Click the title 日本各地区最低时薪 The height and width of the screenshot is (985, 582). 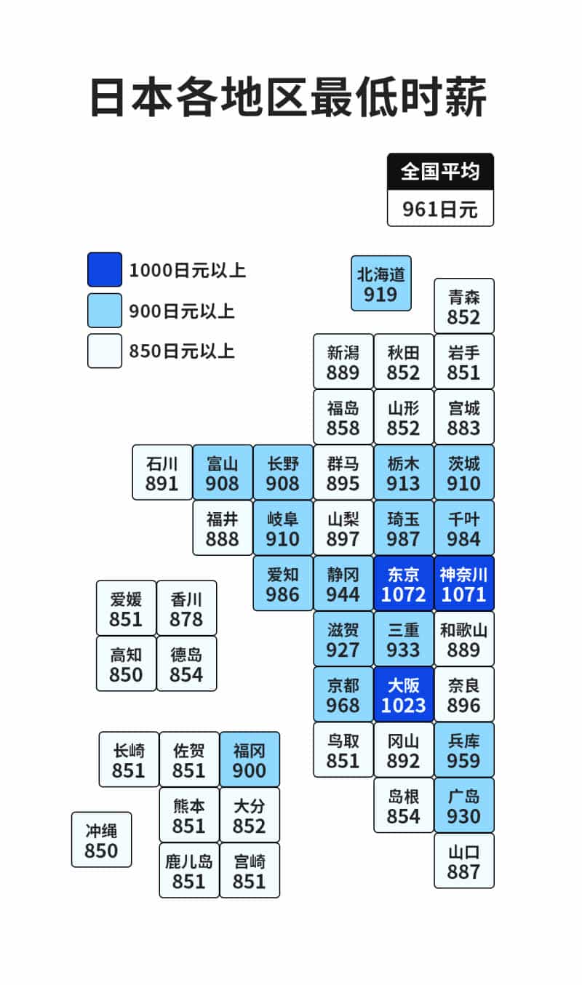click(288, 97)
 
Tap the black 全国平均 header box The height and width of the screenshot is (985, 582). click(440, 172)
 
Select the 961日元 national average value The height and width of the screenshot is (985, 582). click(440, 210)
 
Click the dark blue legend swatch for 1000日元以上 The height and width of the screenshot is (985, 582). click(105, 270)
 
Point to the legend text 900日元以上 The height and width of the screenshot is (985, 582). click(181, 311)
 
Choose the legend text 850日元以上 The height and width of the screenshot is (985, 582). click(181, 351)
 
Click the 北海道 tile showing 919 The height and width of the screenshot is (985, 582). click(381, 284)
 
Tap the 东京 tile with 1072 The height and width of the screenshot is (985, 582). click(404, 584)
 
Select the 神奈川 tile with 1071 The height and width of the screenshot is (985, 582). click(464, 584)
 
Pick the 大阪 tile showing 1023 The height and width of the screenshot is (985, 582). click(404, 695)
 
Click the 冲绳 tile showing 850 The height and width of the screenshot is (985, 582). click(101, 840)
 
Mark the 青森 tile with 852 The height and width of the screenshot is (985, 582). click(464, 306)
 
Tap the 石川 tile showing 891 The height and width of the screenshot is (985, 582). click(162, 473)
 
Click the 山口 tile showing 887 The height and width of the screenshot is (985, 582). click(464, 861)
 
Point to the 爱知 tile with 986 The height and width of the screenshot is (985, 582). click(283, 584)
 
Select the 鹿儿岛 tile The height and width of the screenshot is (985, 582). click(189, 871)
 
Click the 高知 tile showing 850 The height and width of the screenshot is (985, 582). click(127, 664)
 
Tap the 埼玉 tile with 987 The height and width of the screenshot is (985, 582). click(404, 528)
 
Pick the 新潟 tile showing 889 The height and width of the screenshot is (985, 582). click(343, 362)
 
